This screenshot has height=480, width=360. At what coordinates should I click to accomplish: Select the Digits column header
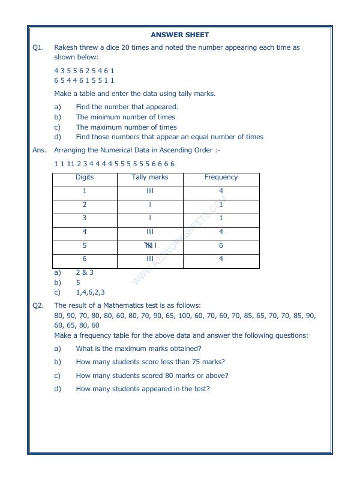[x=85, y=178]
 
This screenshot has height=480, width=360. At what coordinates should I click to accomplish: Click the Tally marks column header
[x=150, y=178]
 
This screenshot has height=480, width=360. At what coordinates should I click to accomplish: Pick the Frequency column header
[x=221, y=178]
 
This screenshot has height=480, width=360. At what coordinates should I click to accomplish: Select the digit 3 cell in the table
[x=85, y=218]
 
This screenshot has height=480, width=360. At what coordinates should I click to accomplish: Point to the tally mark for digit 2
[x=150, y=205]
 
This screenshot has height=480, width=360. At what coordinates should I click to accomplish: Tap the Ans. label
[x=39, y=150]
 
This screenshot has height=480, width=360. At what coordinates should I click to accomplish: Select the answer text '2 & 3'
[x=85, y=272]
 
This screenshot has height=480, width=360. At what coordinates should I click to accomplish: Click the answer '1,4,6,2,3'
[x=90, y=293]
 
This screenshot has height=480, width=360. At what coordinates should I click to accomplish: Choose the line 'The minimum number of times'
[x=125, y=117]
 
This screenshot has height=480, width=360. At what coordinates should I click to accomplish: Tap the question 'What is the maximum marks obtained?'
[x=139, y=349]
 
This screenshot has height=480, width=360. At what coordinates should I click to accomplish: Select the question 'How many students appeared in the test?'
[x=143, y=389]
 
